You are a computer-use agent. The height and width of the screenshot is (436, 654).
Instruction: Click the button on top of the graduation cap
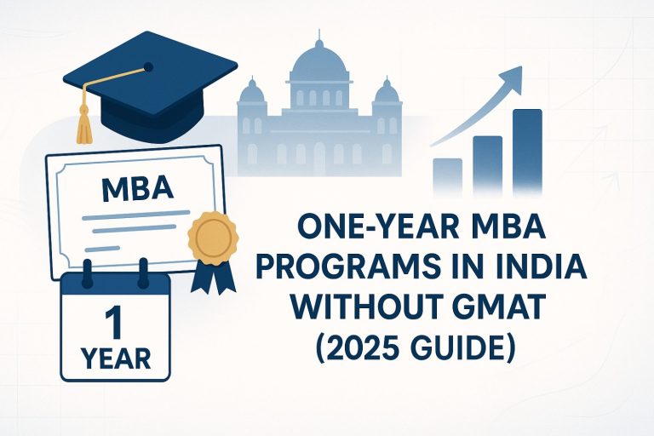click(x=148, y=66)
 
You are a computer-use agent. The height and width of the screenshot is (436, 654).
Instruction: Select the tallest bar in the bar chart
click(x=528, y=153)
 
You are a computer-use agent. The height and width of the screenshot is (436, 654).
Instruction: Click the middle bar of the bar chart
click(x=487, y=166)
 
